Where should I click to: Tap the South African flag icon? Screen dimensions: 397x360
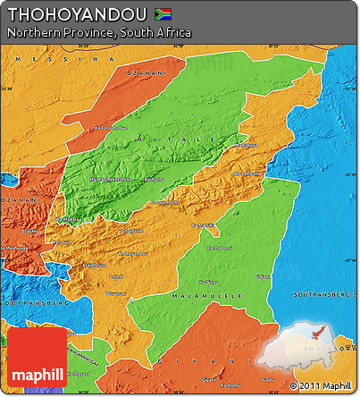(163, 14)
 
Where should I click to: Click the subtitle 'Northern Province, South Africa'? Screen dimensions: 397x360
(98, 33)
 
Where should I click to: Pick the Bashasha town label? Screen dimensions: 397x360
(154, 179)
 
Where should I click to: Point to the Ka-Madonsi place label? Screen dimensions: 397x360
(219, 248)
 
